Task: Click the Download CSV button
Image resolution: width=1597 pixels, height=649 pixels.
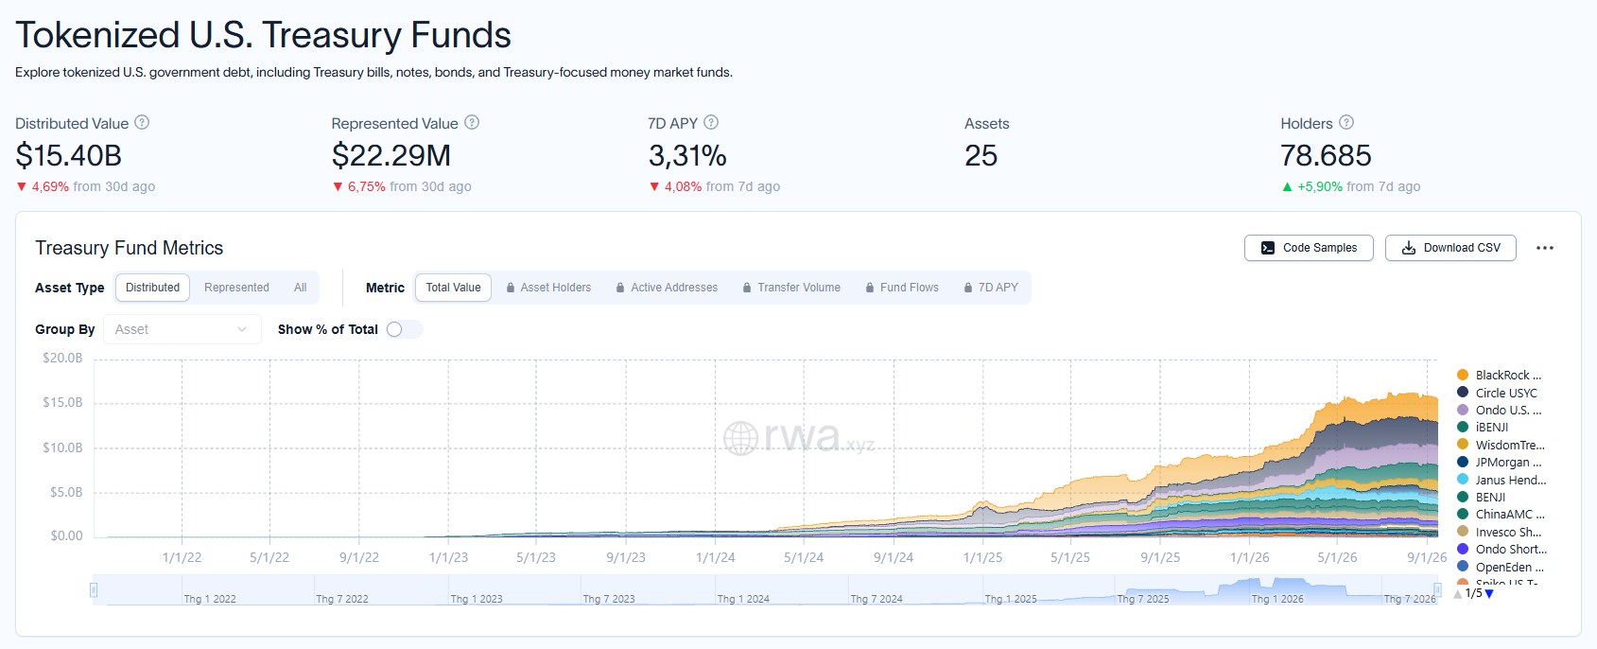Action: [1450, 248]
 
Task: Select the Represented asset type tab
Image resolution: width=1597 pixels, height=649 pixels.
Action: [236, 288]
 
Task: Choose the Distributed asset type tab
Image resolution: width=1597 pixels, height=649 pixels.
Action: [152, 288]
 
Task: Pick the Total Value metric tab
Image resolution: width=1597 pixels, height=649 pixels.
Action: [454, 288]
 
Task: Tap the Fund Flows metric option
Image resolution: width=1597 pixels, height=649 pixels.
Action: [902, 288]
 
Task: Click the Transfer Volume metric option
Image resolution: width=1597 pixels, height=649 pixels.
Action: [791, 288]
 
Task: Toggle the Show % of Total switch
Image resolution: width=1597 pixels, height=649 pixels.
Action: [404, 329]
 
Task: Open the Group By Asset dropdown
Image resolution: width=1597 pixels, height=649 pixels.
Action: [182, 329]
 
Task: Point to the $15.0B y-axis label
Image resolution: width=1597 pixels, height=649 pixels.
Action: [62, 402]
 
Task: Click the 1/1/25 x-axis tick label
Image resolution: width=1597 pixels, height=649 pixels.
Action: [982, 558]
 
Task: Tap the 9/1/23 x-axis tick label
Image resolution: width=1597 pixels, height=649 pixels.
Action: [626, 558]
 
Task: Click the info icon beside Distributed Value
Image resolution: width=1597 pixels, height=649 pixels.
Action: [142, 123]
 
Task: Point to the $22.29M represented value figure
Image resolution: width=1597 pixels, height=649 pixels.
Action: [391, 155]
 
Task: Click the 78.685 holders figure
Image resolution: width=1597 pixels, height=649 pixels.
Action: [1326, 155]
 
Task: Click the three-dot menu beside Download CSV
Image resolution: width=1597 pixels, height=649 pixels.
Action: [1545, 248]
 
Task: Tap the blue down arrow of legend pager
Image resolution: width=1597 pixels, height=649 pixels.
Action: [1488, 594]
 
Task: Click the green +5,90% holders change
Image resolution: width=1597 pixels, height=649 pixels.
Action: [1320, 187]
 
